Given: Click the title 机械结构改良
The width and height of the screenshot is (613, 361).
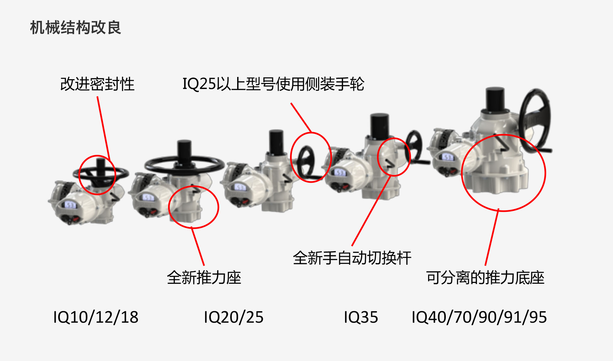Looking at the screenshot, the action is click(75, 28).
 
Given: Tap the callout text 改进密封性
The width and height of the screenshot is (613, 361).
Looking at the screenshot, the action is click(98, 84).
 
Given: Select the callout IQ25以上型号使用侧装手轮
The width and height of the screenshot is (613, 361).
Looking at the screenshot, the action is click(273, 84).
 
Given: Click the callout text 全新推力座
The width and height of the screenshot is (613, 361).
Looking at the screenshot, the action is click(204, 277).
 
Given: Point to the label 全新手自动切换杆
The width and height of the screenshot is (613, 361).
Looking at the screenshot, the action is click(352, 258).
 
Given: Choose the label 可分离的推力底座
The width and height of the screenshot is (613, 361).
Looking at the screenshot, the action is click(485, 277).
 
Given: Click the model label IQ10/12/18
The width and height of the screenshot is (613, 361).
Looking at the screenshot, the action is click(96, 317).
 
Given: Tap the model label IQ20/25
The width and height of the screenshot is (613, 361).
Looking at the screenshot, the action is click(234, 317).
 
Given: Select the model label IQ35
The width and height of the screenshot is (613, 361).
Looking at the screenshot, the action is click(361, 317).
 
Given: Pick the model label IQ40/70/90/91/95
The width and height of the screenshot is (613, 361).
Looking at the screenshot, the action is click(479, 317).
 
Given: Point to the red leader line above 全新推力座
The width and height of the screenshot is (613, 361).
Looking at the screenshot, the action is click(198, 246).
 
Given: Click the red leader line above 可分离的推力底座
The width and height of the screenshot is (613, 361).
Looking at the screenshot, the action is click(492, 237).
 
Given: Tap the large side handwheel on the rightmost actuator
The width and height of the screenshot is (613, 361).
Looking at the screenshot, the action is click(535, 121).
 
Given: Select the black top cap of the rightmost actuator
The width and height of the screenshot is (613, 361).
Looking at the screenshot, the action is click(495, 99).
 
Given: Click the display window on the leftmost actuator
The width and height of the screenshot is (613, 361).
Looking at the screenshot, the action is click(70, 205).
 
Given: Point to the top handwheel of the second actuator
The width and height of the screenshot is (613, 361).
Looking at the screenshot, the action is click(184, 164).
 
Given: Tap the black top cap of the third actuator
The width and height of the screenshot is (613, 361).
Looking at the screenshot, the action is click(276, 142).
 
